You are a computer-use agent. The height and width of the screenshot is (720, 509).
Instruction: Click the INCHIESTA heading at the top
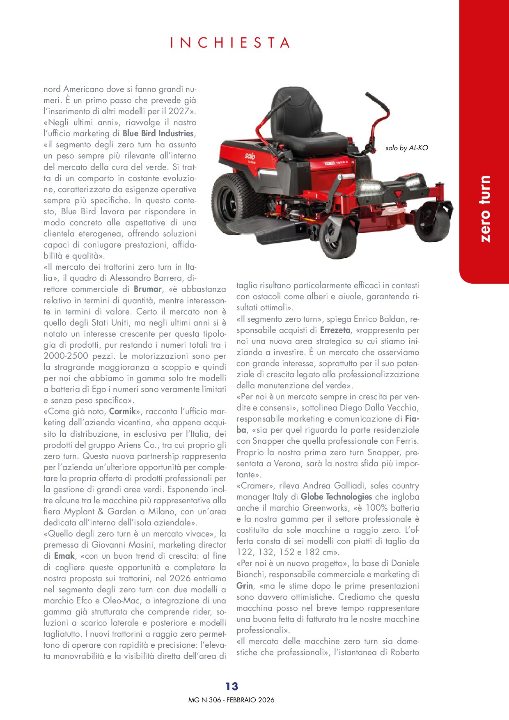point(231,43)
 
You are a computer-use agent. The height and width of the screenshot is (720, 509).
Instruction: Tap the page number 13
point(232,686)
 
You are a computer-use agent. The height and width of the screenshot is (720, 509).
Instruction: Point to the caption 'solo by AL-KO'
point(406,148)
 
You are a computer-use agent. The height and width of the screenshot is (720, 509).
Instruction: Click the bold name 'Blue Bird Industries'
point(158,133)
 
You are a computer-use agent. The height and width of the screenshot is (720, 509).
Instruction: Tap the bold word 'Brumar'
point(147,289)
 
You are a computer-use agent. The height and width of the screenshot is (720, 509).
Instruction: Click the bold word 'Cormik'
point(122,411)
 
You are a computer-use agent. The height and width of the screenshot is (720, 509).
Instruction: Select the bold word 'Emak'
point(64,556)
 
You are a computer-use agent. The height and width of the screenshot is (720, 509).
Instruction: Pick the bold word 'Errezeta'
point(335,330)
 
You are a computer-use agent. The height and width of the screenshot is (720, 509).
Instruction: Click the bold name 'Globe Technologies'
point(336,497)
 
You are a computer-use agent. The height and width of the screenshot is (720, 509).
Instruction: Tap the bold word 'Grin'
point(245,586)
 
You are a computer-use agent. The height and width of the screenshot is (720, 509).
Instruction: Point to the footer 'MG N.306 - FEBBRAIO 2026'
point(231,700)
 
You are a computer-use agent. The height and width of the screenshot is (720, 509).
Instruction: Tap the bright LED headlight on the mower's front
point(369,188)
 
